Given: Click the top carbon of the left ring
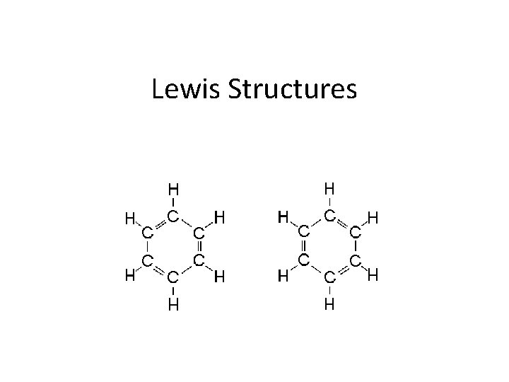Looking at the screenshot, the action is (x=173, y=214).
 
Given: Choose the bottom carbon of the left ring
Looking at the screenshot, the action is (x=173, y=279).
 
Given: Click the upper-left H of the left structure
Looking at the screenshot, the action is (x=129, y=219).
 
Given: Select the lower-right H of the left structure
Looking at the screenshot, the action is (x=219, y=277).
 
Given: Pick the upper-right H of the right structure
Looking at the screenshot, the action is (x=373, y=220).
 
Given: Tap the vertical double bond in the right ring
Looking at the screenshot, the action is (x=303, y=245).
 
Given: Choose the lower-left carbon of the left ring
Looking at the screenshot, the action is (x=146, y=262).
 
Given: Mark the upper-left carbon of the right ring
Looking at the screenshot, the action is (x=303, y=230).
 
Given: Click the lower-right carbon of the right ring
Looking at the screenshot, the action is (x=356, y=261).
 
